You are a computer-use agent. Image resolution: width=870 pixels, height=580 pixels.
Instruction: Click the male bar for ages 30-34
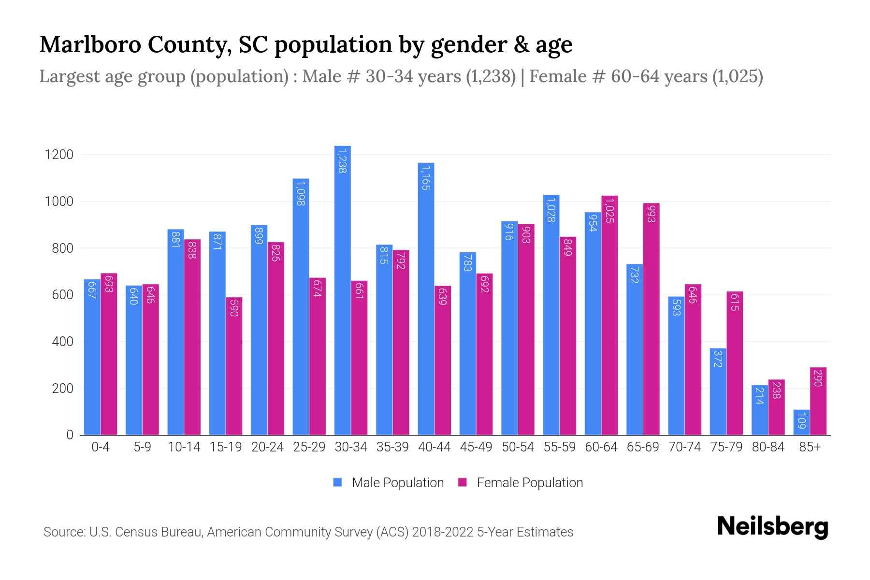(x=343, y=290)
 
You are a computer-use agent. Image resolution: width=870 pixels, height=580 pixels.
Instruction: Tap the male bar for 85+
(x=801, y=422)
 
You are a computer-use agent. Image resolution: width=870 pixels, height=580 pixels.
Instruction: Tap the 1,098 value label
(x=301, y=193)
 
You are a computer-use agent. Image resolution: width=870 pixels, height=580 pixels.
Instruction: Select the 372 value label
(x=718, y=359)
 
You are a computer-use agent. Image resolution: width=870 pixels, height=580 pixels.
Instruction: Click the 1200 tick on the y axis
(x=59, y=155)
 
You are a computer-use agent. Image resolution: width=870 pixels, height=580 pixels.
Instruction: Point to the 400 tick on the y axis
(x=62, y=342)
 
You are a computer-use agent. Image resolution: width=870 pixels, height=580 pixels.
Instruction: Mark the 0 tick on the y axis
(x=70, y=435)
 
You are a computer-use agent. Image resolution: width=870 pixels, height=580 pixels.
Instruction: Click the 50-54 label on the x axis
(x=518, y=447)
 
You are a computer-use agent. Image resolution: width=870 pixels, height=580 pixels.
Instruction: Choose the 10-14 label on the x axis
(x=184, y=447)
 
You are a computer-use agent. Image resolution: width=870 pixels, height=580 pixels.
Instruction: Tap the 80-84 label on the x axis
(x=768, y=447)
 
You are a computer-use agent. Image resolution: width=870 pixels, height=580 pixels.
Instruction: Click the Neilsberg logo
(x=772, y=527)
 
